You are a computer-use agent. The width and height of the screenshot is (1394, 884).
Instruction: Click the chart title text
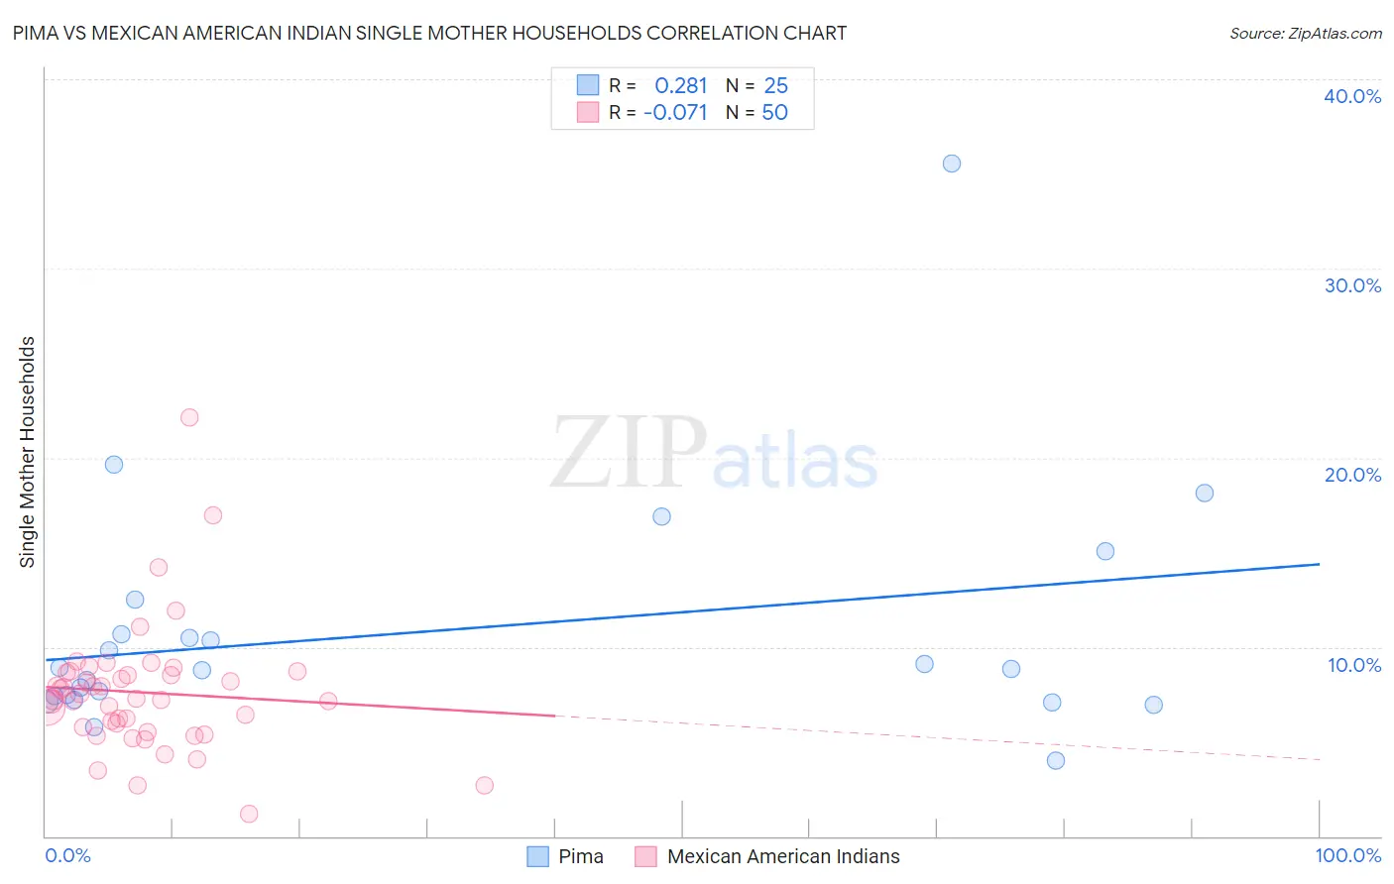point(429,33)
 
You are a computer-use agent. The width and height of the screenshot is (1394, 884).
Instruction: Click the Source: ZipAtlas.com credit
point(1305,33)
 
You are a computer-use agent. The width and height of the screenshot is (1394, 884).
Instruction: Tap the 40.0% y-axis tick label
point(1351,96)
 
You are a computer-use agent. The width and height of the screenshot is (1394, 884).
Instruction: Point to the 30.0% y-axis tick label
point(1351,285)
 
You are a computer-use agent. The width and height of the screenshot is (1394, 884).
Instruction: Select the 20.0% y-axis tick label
point(1351,475)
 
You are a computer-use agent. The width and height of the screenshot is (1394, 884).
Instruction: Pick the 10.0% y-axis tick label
point(1353,665)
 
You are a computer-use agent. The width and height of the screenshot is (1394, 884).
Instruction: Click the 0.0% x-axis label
point(67,855)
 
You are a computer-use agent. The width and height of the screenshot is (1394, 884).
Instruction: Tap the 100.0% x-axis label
point(1347,855)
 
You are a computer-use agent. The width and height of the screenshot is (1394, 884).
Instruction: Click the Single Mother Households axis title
point(28,452)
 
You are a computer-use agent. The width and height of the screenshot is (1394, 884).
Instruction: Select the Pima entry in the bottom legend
point(580,856)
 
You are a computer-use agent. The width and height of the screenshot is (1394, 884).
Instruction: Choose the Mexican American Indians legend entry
point(782,856)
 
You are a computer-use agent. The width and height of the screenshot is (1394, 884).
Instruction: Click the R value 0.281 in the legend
point(680,86)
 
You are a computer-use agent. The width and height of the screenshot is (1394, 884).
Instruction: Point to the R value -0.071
point(675,113)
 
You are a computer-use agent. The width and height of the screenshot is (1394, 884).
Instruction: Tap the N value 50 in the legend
point(774,113)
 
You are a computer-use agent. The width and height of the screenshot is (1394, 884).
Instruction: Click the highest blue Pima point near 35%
point(952,164)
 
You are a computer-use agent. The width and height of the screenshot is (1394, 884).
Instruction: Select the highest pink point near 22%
point(189,417)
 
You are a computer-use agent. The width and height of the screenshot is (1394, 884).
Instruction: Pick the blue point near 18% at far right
point(1205,493)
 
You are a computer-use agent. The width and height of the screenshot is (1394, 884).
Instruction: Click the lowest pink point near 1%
point(249,814)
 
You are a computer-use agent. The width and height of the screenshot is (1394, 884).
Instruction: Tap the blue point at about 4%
point(1056,760)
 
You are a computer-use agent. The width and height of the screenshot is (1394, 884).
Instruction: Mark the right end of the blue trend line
point(1319,564)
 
